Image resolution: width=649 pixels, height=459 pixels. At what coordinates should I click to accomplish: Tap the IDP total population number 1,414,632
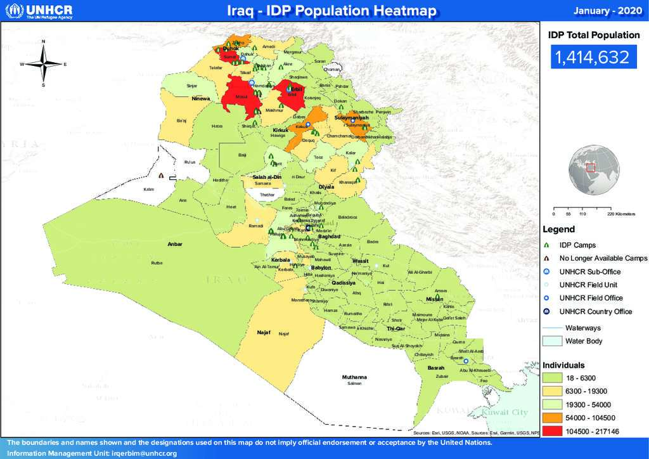[592, 58]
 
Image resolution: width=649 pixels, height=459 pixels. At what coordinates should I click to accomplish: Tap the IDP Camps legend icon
[546, 245]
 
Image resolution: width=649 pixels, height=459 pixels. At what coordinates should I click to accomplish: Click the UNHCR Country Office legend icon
[546, 311]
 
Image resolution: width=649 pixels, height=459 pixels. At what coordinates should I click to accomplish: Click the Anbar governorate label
[174, 243]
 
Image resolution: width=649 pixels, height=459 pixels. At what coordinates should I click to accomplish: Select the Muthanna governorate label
[354, 377]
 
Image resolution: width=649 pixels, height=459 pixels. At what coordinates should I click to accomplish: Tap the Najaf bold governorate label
[263, 332]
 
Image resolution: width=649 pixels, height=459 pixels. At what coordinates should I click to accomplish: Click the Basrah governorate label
[436, 368]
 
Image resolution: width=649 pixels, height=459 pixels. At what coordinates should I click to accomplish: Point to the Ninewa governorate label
[201, 99]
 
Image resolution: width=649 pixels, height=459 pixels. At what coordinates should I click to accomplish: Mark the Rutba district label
[157, 262]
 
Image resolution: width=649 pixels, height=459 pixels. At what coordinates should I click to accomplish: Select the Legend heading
[558, 229]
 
